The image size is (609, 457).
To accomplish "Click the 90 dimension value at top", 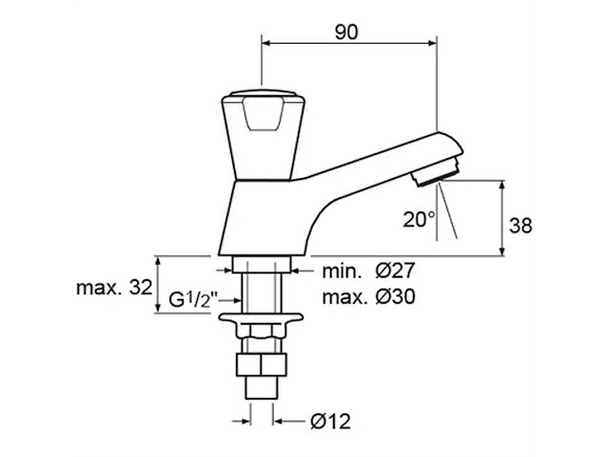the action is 346,32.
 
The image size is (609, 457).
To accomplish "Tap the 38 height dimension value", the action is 521,226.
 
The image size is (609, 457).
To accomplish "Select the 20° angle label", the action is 419,220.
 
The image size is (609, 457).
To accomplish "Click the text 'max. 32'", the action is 114,288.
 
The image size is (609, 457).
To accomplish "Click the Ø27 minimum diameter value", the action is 396,270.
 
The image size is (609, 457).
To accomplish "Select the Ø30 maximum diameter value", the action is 396,297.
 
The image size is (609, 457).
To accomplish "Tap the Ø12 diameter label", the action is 330,421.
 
